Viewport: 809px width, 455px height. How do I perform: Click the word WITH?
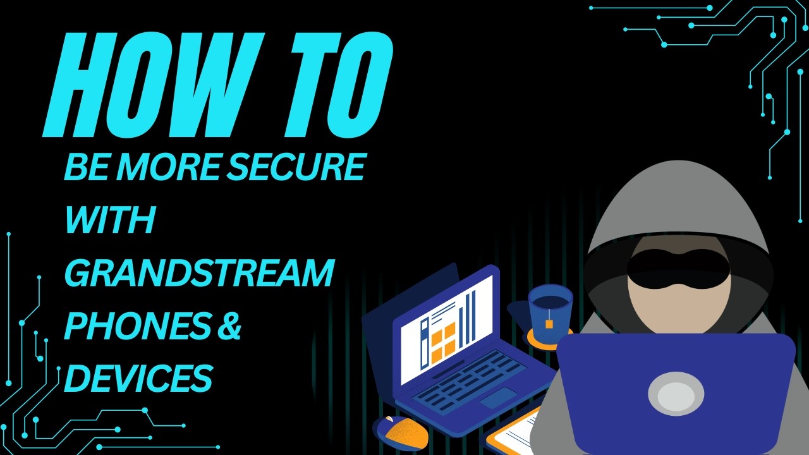(x=110, y=220)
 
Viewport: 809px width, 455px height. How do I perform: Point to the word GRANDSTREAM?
(x=199, y=274)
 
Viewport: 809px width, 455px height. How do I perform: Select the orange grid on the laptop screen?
(x=442, y=341)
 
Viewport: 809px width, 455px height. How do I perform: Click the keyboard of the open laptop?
(x=471, y=380)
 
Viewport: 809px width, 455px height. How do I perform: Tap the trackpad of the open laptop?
(x=499, y=398)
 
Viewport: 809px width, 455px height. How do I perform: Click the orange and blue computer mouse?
(x=401, y=432)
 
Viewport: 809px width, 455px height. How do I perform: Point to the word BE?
(x=83, y=166)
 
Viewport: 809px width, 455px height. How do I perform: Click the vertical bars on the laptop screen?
(x=468, y=319)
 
